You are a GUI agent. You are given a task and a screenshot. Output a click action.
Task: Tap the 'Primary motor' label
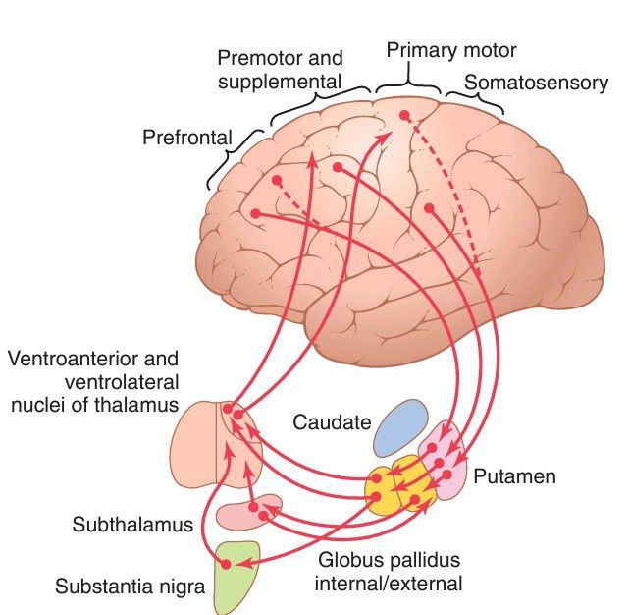[450, 50]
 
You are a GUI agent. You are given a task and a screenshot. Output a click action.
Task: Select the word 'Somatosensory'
[536, 83]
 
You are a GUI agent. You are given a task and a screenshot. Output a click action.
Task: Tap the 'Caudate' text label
[332, 423]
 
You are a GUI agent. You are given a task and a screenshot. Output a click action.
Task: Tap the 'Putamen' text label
[514, 477]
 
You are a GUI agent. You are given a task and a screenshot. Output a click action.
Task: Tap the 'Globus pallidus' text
[388, 561]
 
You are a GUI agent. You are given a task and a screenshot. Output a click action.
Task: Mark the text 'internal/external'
[388, 584]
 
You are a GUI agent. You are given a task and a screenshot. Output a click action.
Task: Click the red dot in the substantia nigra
[227, 563]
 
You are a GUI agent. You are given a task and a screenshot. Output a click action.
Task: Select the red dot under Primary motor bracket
[404, 116]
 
